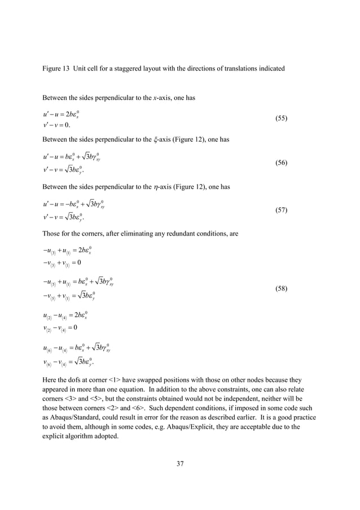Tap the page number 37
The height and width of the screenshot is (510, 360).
click(180, 464)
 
